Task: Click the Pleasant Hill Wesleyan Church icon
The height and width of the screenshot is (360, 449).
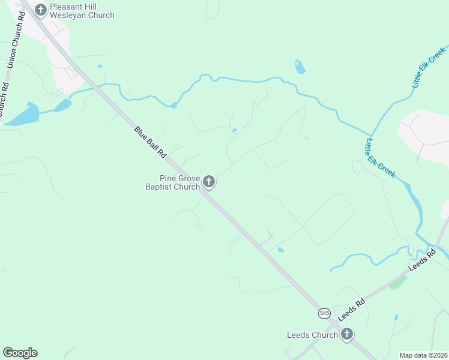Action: coord(41,10)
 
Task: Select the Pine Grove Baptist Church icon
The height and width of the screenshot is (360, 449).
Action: coord(209,181)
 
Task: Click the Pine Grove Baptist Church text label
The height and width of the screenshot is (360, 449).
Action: coord(172,182)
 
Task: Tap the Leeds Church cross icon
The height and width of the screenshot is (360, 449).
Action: coord(346,334)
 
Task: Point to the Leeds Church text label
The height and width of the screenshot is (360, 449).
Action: coord(312,335)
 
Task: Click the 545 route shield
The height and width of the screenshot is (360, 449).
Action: coord(324,313)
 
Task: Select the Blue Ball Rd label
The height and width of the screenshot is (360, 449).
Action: coord(149,142)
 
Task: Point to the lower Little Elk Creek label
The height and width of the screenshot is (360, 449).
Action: coord(381,158)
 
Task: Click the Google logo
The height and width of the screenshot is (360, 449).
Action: coord(20,353)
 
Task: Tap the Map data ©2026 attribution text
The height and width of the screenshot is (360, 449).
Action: coord(424,355)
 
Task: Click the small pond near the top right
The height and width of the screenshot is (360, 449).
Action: coord(300,67)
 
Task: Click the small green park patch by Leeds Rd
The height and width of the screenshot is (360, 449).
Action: coord(397,282)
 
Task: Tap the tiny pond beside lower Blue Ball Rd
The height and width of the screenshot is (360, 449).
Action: coord(280,250)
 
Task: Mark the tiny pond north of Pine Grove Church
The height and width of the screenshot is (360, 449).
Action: coord(234,130)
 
